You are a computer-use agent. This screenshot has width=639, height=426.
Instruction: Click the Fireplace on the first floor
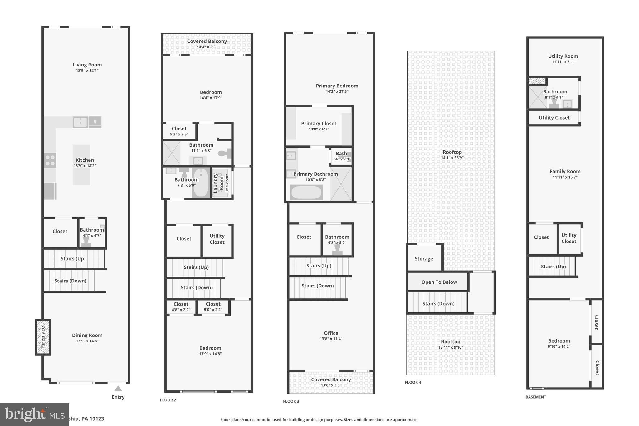tap(43, 337)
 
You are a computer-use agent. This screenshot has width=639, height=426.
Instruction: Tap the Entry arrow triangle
tap(118, 389)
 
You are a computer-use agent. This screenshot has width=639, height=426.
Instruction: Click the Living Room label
tap(87, 65)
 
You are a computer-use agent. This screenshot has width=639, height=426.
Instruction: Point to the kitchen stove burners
tap(50, 160)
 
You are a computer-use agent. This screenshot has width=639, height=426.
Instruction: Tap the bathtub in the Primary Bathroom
tap(306, 193)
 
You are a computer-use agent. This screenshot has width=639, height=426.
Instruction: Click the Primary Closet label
tap(319, 124)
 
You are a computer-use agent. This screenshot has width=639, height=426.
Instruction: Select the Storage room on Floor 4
tap(424, 258)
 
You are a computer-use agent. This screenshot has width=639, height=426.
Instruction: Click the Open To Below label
tap(439, 282)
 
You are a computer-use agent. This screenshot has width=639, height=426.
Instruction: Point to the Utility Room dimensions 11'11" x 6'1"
tap(563, 62)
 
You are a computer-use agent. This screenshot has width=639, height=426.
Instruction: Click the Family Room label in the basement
tap(565, 171)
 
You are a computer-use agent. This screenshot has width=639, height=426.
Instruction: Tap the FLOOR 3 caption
tap(291, 401)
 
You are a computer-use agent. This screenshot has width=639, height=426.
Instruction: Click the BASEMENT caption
tap(536, 397)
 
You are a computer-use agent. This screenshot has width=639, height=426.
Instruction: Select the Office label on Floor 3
tap(331, 333)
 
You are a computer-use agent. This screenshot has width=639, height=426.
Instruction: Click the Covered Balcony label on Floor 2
tap(207, 41)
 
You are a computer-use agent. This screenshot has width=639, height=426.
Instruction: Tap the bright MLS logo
tap(34, 414)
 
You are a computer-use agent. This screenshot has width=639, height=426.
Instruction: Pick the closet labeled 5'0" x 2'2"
tap(213, 306)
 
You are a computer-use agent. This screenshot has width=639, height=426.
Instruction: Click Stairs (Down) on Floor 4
tap(438, 303)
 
